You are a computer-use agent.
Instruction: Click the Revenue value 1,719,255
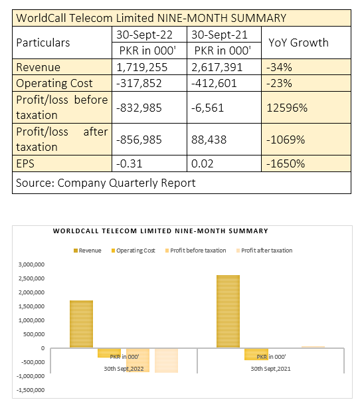[x=142, y=67]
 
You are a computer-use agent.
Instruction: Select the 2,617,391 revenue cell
[x=217, y=67]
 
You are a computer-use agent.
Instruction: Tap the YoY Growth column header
[x=298, y=43]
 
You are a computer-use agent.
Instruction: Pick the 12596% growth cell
[x=287, y=108]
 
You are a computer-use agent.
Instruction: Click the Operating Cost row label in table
[x=54, y=83]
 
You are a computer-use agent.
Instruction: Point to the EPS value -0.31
[x=129, y=163]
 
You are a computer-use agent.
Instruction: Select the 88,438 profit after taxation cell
[x=209, y=140]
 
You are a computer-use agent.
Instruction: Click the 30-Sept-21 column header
[x=219, y=35]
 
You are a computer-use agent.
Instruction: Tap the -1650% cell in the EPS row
[x=286, y=163]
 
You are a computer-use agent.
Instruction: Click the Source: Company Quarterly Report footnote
[x=106, y=183]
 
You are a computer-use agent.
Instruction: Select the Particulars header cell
[x=43, y=43]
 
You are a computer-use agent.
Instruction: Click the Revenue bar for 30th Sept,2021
[x=228, y=311]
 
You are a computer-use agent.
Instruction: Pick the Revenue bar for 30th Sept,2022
[x=81, y=324]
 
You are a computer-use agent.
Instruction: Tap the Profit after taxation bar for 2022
[x=166, y=360]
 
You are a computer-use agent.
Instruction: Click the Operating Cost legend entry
[x=134, y=251]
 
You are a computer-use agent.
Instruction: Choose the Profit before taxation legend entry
[x=196, y=251]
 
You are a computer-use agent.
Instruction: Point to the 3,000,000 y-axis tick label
[x=31, y=264]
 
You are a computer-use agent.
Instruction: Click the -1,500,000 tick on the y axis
[x=31, y=390]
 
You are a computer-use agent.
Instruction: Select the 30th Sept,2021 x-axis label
[x=270, y=369]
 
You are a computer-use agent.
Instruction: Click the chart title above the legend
[x=161, y=231]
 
